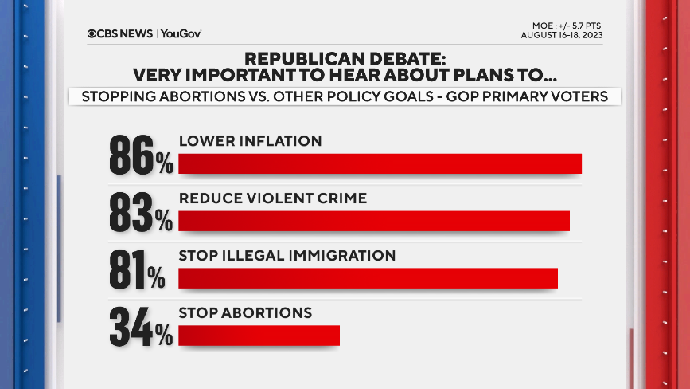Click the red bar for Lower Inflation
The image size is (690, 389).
coord(380,163)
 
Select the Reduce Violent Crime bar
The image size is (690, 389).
coord(374,220)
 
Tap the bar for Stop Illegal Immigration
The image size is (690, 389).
coord(368,277)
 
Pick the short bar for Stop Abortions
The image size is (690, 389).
coord(259,335)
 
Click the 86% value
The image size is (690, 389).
coord(141,155)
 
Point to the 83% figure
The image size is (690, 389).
coord(141,213)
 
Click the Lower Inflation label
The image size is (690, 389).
coord(250,141)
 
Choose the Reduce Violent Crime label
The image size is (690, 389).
coord(273,198)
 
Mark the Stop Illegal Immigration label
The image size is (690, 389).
coord(287,256)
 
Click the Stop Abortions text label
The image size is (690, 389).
coord(245,313)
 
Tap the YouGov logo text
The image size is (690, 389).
coord(181,33)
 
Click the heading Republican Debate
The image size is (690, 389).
coord(345,59)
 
